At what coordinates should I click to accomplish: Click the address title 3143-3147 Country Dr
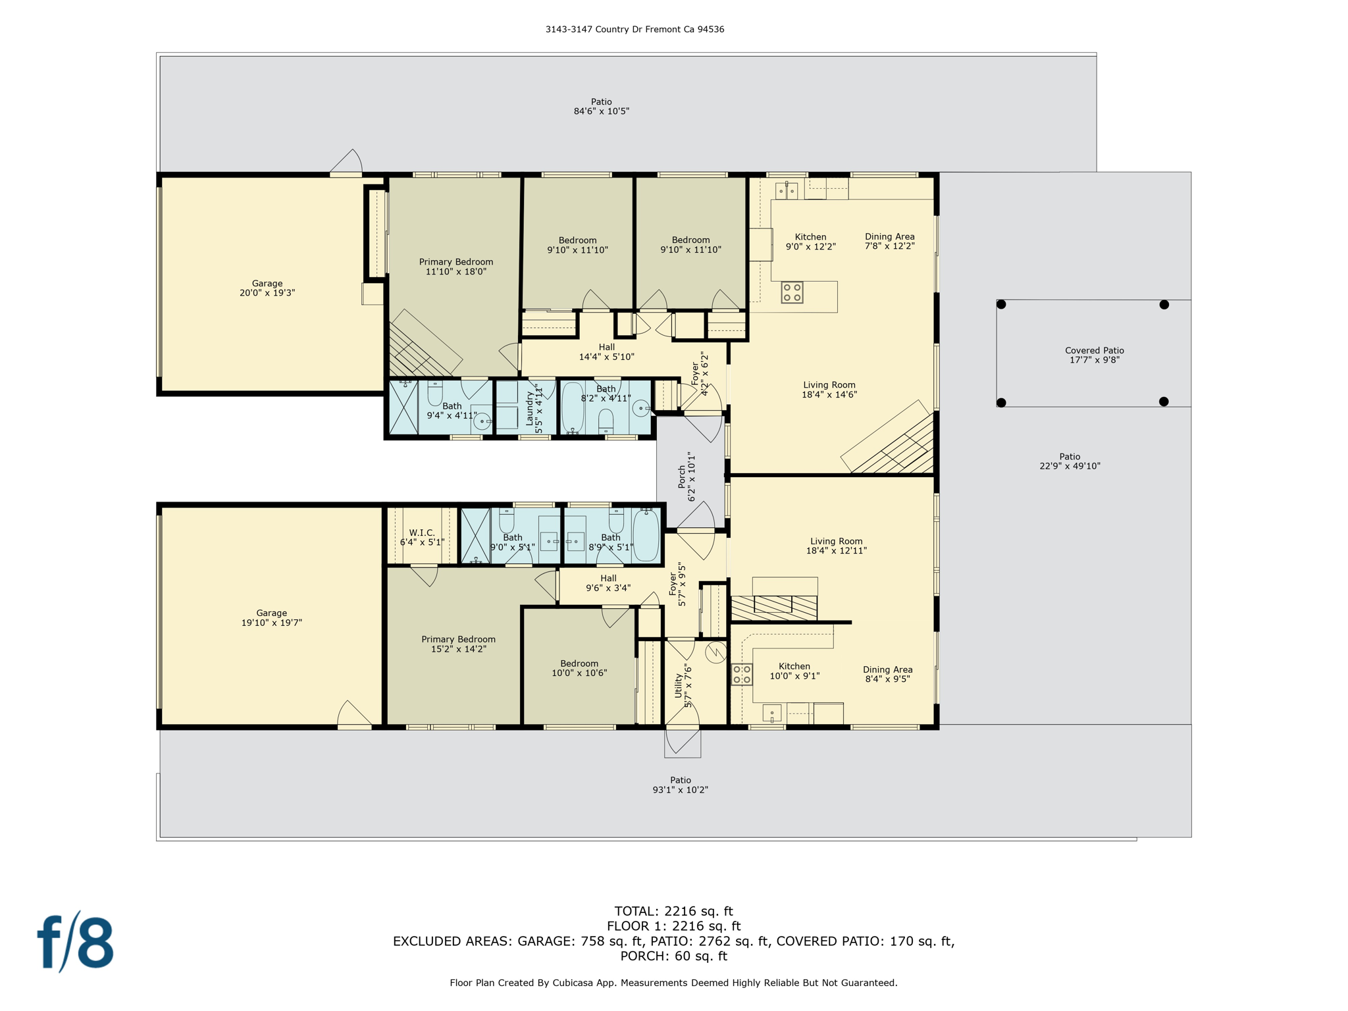click(634, 30)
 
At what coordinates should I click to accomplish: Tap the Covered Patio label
click(1094, 355)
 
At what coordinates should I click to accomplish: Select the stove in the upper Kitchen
click(792, 292)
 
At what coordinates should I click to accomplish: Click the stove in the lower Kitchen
click(742, 675)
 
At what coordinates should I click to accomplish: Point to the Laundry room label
click(534, 408)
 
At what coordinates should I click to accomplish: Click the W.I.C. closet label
click(422, 537)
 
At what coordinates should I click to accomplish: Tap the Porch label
click(687, 477)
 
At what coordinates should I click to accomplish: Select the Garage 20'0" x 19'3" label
click(267, 288)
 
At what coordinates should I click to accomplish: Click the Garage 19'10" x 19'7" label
click(271, 617)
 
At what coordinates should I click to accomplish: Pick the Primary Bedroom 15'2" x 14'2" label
click(458, 644)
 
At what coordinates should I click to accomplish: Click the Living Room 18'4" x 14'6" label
click(829, 390)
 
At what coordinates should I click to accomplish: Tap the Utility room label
click(683, 686)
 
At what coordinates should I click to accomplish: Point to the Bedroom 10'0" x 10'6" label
click(579, 668)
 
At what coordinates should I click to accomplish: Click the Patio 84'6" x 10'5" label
click(601, 107)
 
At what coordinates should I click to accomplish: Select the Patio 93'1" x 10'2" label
click(680, 785)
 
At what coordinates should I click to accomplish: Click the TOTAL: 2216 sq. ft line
click(673, 911)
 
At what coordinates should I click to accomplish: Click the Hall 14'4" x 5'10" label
click(606, 352)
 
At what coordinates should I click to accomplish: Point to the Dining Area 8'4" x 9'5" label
click(887, 674)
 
